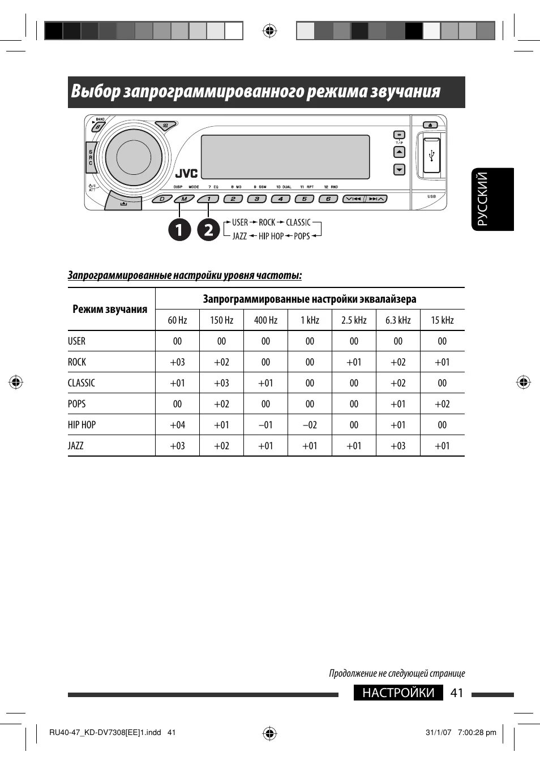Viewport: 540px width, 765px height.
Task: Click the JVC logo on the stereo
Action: point(186,173)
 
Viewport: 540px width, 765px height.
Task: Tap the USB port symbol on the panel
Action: point(432,154)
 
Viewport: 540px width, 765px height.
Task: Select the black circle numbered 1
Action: point(179,229)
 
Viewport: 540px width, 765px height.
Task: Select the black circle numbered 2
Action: point(208,229)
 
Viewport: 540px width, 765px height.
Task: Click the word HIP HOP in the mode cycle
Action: point(271,236)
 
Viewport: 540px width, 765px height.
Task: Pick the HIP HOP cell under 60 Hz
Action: point(177,425)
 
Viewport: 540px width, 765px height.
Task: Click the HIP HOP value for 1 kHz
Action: point(310,425)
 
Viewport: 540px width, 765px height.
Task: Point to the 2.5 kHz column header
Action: point(354,320)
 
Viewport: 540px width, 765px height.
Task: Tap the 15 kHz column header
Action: point(442,320)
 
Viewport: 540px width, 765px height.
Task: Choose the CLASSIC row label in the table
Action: point(82,383)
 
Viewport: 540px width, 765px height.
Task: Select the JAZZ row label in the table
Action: point(76,446)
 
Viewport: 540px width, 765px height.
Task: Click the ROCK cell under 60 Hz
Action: point(177,362)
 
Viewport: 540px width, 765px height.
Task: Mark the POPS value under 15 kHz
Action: point(442,404)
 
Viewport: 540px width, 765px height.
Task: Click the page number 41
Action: point(457,693)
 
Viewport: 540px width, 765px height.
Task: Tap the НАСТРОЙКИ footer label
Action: point(398,693)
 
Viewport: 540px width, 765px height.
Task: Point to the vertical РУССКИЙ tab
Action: point(492,199)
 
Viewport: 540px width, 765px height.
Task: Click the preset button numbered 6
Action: point(328,199)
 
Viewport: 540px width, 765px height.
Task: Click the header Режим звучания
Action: point(110,309)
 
